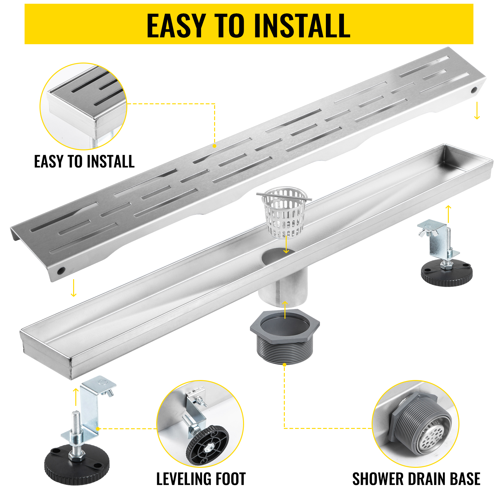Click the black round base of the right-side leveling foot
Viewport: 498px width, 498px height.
(x=447, y=274)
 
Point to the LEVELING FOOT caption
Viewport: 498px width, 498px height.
(x=201, y=479)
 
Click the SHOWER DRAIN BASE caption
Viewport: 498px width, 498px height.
(x=416, y=479)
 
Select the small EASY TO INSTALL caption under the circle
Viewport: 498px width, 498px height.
(x=84, y=162)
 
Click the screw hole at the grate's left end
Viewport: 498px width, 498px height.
(x=61, y=271)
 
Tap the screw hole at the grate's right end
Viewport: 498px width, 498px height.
(x=474, y=90)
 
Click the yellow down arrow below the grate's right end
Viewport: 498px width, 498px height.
(x=477, y=111)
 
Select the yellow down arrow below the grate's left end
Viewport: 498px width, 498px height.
(x=73, y=288)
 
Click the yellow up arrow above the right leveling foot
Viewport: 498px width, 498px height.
(x=448, y=214)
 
